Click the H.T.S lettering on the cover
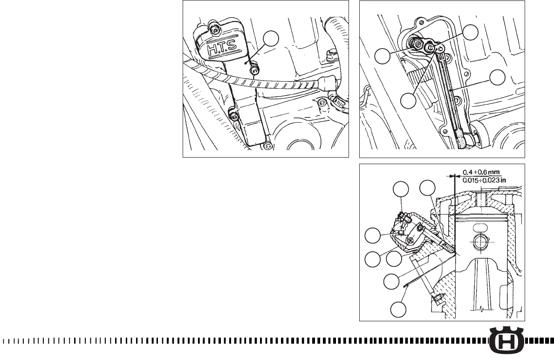[219, 50]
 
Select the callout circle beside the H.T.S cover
[271, 38]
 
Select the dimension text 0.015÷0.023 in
[485, 180]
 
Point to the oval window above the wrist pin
[480, 227]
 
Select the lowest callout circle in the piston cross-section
[398, 310]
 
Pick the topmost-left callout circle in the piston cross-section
[401, 189]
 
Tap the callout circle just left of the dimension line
[427, 188]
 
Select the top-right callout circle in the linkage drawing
[471, 32]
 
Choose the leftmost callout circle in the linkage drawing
[382, 56]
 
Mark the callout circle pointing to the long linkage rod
[497, 77]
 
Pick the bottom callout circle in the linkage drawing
[408, 101]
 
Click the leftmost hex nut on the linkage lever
[417, 44]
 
